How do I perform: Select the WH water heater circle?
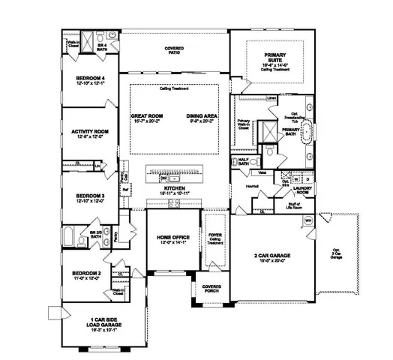tap(307, 220)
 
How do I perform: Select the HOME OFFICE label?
tap(166, 238)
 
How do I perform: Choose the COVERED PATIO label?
tap(173, 50)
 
